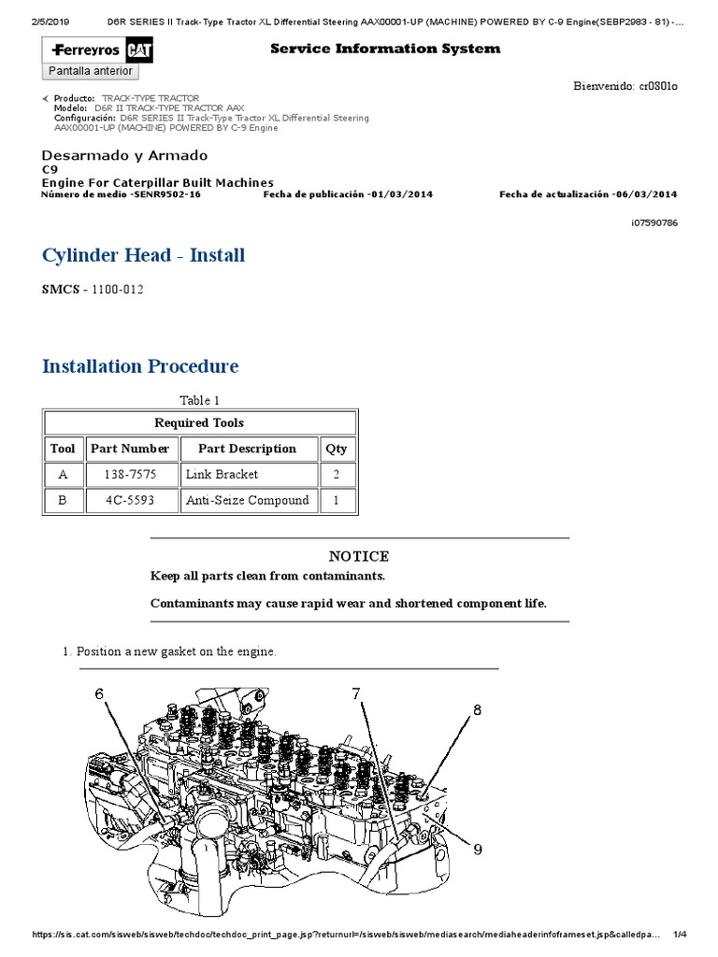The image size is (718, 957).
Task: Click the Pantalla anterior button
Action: (91, 71)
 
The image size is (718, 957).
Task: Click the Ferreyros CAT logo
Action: (91, 50)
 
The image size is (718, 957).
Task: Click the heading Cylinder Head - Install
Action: (143, 255)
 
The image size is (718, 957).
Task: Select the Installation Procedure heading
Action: (140, 366)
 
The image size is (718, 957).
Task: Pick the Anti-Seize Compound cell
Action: (247, 501)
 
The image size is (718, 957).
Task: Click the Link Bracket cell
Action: (222, 475)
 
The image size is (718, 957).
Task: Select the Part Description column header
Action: (247, 449)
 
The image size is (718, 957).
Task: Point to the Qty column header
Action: (337, 449)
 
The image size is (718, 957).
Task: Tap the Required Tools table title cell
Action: (199, 422)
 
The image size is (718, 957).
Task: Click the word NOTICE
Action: (359, 557)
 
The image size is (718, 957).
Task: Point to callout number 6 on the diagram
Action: (100, 693)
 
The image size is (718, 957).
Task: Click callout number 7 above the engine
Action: (356, 693)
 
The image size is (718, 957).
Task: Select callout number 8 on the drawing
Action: (477, 710)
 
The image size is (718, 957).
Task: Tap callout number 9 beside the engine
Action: (477, 850)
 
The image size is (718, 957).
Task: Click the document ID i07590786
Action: (654, 223)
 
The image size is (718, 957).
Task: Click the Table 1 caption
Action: (199, 401)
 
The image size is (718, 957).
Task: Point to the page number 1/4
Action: (680, 936)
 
